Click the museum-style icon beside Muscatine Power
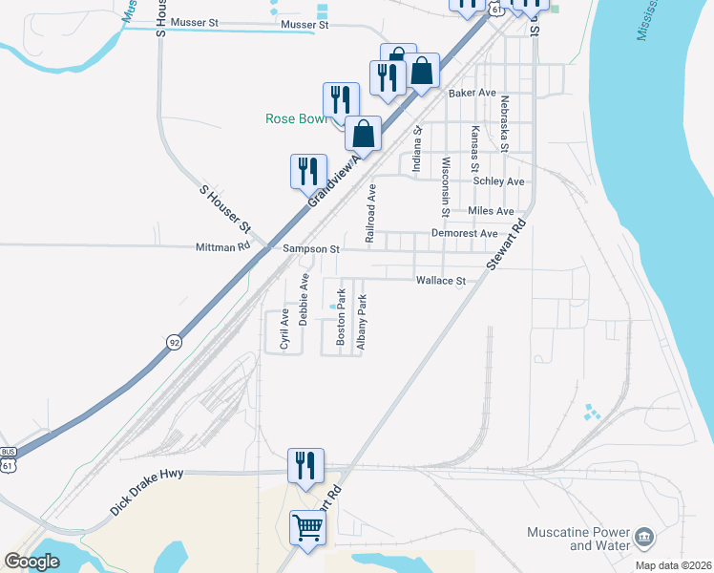pos(644,539)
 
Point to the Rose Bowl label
pos(295,119)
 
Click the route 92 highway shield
pos(174,340)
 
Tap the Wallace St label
pos(440,281)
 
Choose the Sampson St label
pos(311,249)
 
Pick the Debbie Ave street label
pos(304,299)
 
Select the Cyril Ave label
pos(283,329)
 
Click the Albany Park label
pos(362,323)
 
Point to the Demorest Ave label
pos(464,233)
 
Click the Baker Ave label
pos(472,94)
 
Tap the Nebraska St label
pos(504,123)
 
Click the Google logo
pos(31,562)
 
